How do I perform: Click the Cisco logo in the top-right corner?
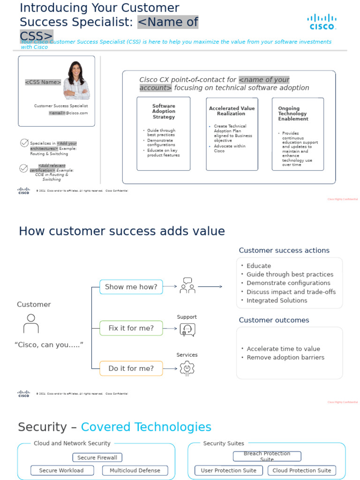pos(322,22)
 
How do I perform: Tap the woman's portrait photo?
pos(76,80)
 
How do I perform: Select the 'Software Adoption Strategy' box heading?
pos(164,112)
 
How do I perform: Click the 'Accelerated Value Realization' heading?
pos(232,111)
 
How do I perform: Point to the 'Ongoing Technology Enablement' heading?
pos(293,113)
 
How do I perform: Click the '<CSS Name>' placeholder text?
pos(43,82)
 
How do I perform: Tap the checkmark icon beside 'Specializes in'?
pos(24,143)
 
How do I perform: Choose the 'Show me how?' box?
pos(131,287)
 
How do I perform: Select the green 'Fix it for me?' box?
pos(131,328)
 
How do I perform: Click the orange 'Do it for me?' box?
pos(131,368)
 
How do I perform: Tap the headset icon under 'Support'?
pos(187,330)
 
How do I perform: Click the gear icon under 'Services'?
pos(187,368)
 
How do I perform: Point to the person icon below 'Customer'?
pos(31,323)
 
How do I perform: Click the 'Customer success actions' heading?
pos(284,250)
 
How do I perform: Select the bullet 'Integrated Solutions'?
pos(277,300)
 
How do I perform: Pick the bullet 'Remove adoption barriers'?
pos(285,358)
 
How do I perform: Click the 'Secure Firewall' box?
pos(97,457)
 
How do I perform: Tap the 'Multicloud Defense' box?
pos(135,471)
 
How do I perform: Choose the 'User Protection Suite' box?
pos(229,471)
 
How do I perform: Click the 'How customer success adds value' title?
pos(122,232)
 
